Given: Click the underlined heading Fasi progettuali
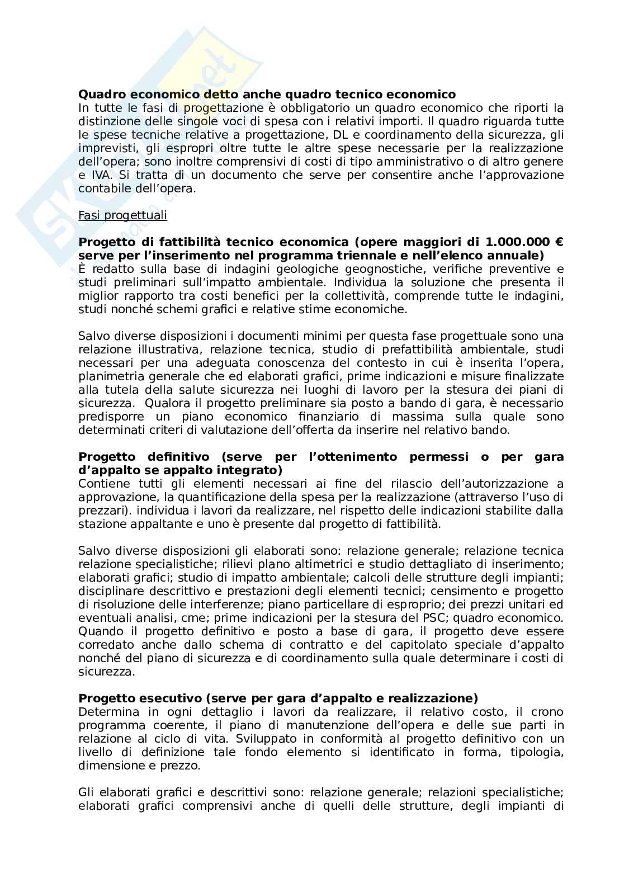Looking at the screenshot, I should [x=122, y=215].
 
